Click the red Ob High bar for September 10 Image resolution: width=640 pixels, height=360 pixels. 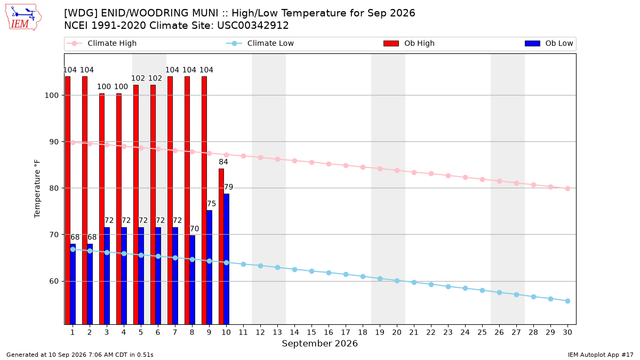(x=221, y=246)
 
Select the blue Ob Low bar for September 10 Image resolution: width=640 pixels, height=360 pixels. (x=227, y=259)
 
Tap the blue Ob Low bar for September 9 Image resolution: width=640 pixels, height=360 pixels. (x=210, y=267)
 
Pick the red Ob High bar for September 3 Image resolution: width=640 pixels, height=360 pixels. (x=102, y=209)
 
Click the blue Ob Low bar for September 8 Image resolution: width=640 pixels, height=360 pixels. (x=193, y=280)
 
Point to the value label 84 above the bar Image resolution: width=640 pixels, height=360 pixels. (x=223, y=162)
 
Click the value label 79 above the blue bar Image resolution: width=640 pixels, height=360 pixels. (x=229, y=187)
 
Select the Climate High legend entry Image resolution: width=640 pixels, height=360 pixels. (x=102, y=43)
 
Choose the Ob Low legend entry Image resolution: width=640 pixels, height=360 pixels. (x=549, y=43)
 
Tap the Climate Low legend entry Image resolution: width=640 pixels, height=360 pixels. (x=260, y=43)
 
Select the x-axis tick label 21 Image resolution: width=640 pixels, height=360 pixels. (x=414, y=332)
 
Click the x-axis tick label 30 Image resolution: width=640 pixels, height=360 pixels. (x=567, y=332)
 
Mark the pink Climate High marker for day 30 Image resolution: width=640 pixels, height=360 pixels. (x=567, y=189)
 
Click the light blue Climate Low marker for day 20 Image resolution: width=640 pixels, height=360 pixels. (x=397, y=281)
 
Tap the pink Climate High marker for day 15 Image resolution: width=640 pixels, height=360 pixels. (x=311, y=162)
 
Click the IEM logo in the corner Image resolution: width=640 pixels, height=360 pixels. (x=23, y=18)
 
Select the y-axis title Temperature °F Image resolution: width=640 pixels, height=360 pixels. (x=37, y=189)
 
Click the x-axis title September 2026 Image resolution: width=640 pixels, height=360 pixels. (x=319, y=343)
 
